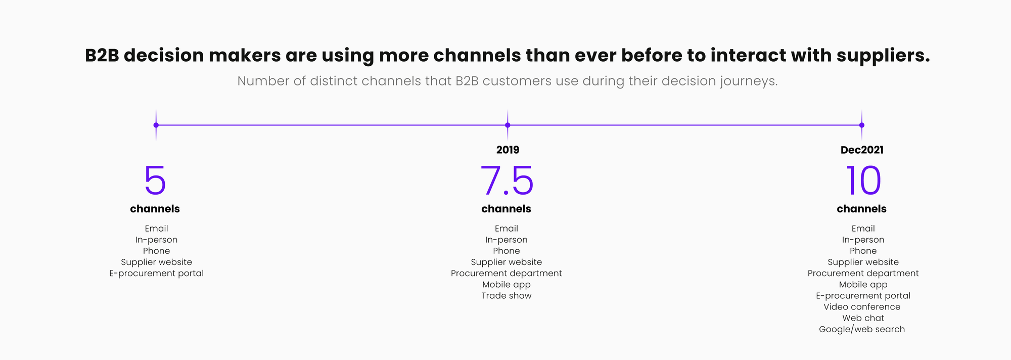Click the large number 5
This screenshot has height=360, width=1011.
point(155,181)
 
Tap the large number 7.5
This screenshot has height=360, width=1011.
point(507,181)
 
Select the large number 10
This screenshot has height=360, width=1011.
point(863,181)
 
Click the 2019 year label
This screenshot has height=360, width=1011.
point(508,150)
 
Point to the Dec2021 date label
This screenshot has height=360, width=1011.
point(862,150)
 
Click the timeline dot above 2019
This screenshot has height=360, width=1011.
point(508,125)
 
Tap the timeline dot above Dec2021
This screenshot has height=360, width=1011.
point(862,125)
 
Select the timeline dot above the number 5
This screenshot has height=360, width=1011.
point(156,125)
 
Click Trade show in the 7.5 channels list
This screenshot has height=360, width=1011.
point(507,296)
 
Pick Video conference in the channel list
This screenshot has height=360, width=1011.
point(862,307)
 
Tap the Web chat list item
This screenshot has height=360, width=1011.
point(863,318)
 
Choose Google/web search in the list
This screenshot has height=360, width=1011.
point(862,329)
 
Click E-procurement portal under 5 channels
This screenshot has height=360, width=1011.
point(156,274)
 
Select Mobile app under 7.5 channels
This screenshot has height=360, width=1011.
point(507,285)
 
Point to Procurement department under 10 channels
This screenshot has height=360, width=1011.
point(863,274)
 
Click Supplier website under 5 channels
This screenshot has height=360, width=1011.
point(156,262)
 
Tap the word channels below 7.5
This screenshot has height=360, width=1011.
point(506,209)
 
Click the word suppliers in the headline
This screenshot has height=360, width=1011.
point(883,56)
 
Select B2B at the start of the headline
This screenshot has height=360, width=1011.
point(102,56)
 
